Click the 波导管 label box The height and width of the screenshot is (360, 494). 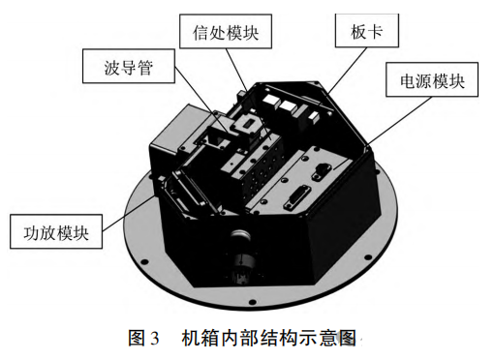129,66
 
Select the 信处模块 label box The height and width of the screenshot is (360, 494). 226,31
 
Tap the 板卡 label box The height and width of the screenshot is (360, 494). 367,31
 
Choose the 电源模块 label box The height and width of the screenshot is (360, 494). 432,79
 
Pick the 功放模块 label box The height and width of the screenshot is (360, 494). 56,231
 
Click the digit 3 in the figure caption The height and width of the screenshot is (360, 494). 155,339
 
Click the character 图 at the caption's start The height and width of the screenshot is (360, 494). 138,338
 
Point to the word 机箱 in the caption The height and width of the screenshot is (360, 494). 201,338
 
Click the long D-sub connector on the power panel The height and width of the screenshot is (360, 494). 297,197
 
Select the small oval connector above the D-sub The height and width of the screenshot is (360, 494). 320,171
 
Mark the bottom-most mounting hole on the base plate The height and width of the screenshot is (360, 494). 252,302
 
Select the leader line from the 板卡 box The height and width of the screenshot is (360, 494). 347,71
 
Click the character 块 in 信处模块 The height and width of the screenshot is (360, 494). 251,32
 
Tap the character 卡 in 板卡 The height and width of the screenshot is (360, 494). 376,31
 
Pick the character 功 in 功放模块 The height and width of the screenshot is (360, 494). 31,232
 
